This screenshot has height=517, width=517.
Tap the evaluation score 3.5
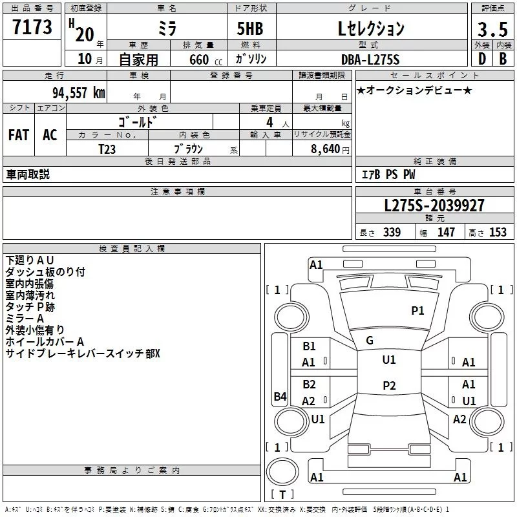point(492,29)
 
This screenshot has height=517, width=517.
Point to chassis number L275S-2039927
point(434,206)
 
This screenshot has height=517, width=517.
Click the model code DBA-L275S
point(371,59)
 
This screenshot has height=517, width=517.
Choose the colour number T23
point(108,149)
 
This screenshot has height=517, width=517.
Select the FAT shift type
point(19,135)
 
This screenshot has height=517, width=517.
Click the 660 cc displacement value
point(200,59)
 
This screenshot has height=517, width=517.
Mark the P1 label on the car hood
point(418,311)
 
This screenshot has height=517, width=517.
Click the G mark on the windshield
point(370,341)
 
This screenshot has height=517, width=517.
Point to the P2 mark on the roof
point(389,386)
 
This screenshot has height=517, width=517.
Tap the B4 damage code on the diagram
point(280,397)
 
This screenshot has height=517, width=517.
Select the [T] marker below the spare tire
point(282,494)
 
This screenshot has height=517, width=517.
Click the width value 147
point(447,233)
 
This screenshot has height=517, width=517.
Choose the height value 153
point(498,233)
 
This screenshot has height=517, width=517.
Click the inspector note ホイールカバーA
point(45,342)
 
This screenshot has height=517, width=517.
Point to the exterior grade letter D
point(481,59)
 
